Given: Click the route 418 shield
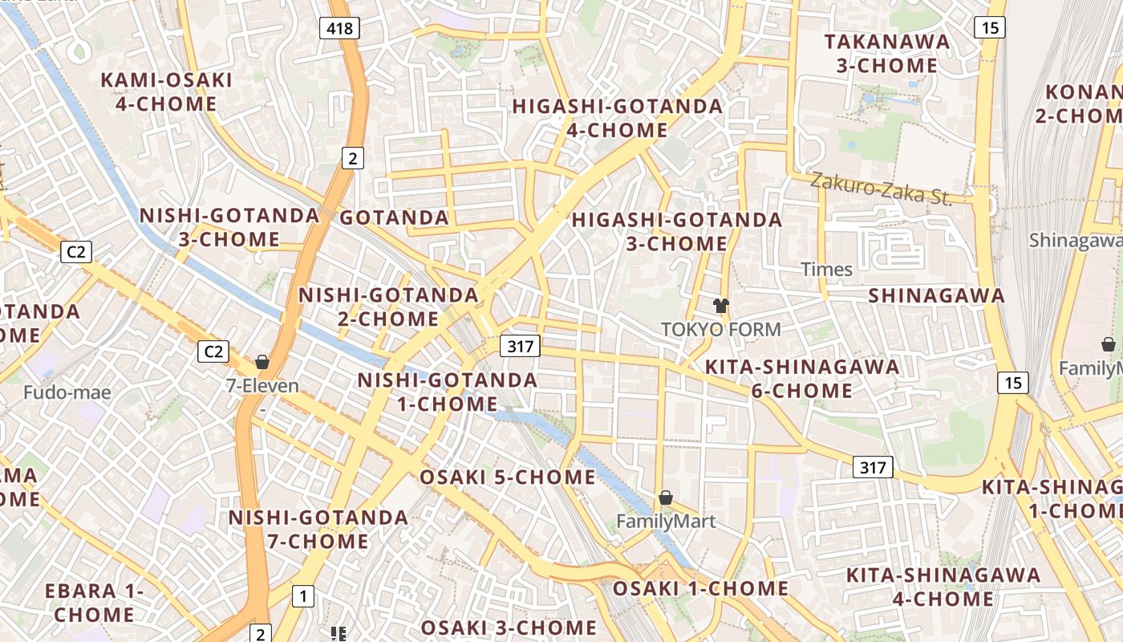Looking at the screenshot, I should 339,29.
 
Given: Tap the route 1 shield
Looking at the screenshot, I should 302,596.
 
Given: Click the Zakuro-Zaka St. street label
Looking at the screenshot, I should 880,189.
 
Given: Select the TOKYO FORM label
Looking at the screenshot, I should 720,329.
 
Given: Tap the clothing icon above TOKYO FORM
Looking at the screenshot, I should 720,305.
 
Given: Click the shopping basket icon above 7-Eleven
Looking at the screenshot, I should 262,362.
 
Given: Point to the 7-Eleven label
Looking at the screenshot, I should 262,386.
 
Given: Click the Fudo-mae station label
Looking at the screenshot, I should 67,392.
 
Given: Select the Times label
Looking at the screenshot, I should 826,270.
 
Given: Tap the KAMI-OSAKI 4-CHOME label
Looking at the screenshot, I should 166,91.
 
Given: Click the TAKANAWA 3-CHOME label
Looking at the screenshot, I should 886,53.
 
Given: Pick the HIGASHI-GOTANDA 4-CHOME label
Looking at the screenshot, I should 617,118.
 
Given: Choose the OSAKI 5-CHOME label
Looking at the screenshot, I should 508,477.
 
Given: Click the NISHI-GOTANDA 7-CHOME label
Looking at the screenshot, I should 318,530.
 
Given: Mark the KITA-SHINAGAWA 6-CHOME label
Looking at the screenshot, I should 801,379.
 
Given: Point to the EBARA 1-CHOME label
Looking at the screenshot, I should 94,603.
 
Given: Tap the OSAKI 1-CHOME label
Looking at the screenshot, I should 700,588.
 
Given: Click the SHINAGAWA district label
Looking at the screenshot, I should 936,295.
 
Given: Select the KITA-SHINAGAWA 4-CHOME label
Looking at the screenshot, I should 943,587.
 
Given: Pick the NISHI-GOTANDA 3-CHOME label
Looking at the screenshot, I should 229,227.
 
